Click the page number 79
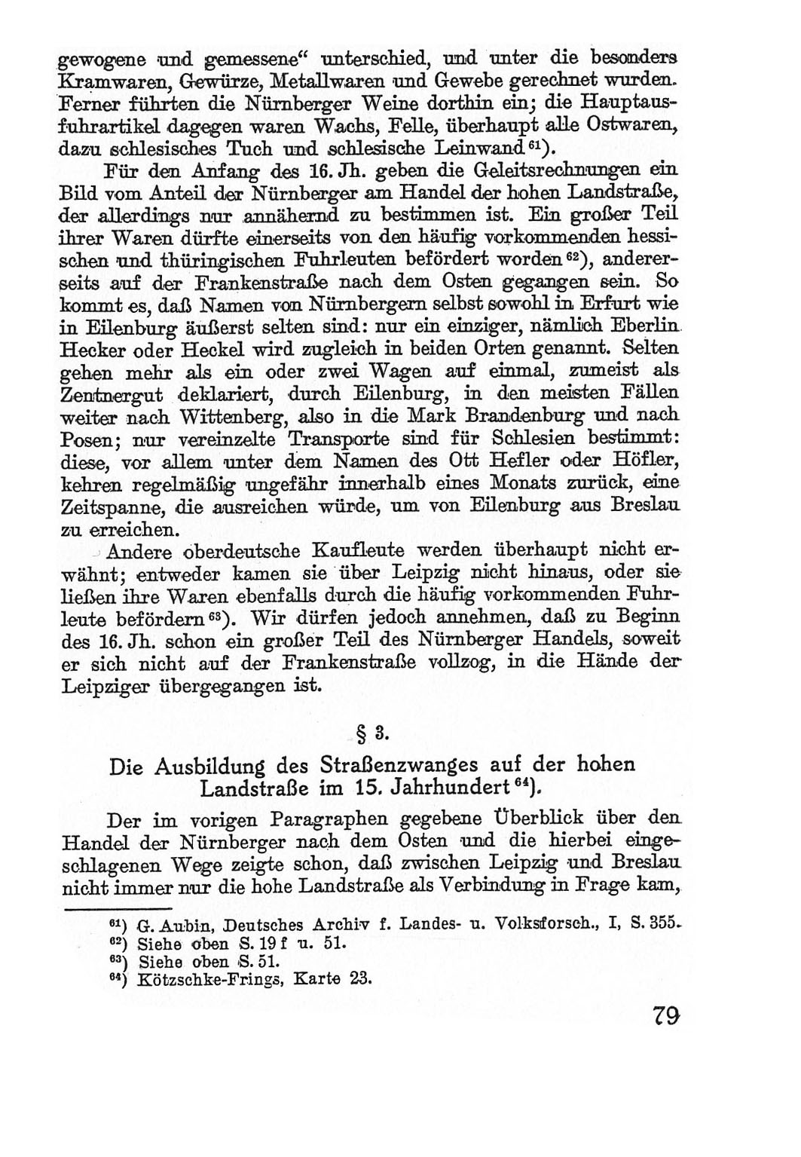pyautogui.click(x=666, y=1015)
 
